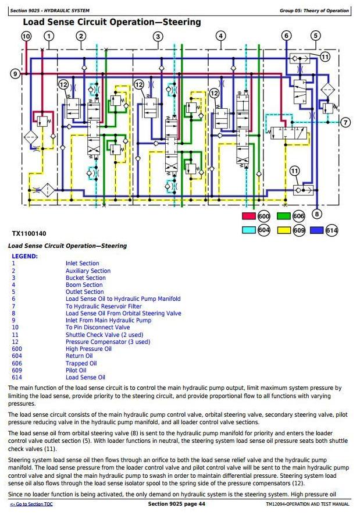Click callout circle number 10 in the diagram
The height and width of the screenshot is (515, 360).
point(26,36)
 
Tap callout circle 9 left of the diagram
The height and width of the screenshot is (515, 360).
point(16,73)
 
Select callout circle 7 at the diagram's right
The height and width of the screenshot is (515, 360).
point(346,122)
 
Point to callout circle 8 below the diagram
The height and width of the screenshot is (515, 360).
point(316,214)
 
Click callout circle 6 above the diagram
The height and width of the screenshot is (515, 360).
point(286,36)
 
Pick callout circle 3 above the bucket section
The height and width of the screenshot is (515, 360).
point(158,37)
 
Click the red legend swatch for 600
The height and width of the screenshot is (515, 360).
point(249,216)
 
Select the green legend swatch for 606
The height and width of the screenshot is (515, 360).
point(284,216)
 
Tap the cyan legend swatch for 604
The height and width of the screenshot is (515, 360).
point(249,230)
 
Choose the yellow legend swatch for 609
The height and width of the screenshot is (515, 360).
point(284,230)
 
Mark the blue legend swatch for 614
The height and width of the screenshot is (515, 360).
point(317,230)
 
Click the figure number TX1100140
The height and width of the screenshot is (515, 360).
point(29,234)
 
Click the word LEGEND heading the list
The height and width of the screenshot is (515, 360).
point(24,256)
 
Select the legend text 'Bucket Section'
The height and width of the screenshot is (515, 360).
point(85,278)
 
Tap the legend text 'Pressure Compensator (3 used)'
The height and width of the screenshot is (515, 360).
point(108,342)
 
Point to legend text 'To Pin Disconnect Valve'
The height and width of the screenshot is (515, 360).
point(98,327)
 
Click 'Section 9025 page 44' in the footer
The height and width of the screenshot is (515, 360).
point(177,504)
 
